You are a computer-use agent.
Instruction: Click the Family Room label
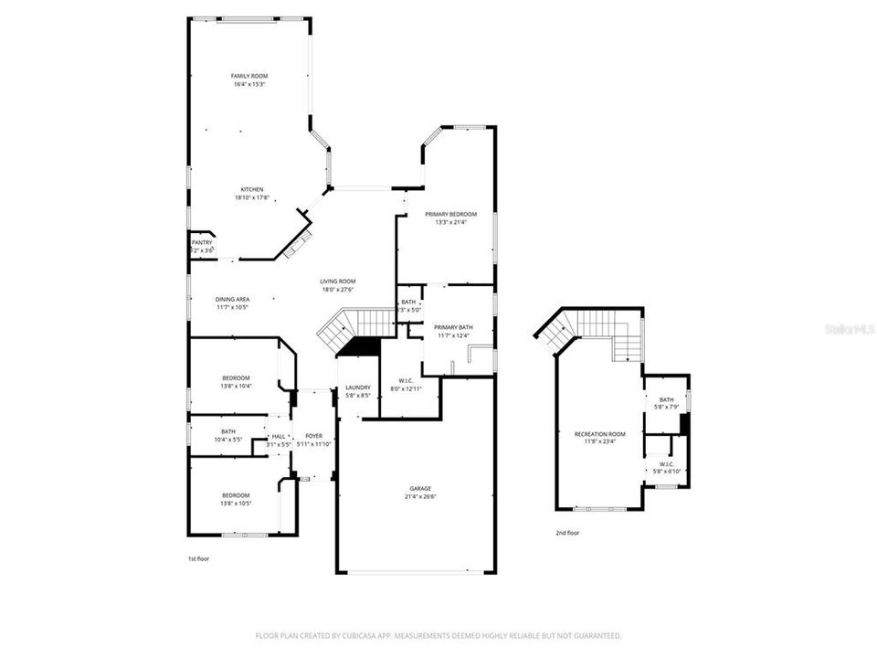(x=248, y=76)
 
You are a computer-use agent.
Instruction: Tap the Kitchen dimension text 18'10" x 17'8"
(x=252, y=197)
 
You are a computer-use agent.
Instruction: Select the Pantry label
(x=201, y=242)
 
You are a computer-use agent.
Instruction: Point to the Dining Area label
(x=232, y=299)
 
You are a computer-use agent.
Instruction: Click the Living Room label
(x=337, y=281)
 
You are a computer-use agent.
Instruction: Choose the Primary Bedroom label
(x=450, y=214)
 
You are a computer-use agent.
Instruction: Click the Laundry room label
(x=357, y=387)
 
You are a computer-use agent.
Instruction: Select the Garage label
(x=419, y=489)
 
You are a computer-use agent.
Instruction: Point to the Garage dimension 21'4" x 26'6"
(x=419, y=497)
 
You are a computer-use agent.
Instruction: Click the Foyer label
(x=313, y=436)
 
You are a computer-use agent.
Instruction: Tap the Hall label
(x=279, y=436)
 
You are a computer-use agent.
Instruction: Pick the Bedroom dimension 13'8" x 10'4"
(x=236, y=386)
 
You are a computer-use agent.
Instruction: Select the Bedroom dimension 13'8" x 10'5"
(x=236, y=504)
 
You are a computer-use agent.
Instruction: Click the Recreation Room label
(x=600, y=433)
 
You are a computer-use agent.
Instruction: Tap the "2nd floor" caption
(x=567, y=533)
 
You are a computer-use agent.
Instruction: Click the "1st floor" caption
(x=198, y=557)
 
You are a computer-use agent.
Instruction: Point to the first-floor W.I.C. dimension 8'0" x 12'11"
(x=407, y=389)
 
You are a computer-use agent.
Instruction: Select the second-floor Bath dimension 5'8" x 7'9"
(x=666, y=407)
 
